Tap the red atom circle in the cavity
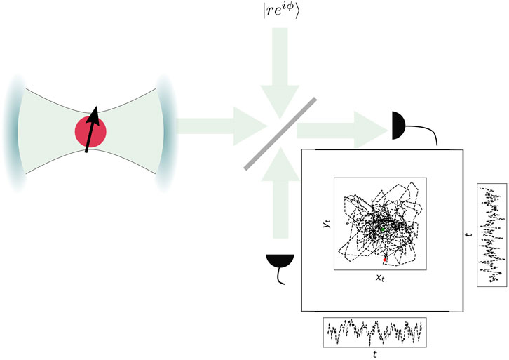(91, 132)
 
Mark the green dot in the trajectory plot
(382, 229)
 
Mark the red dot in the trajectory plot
(385, 260)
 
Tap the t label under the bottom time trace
(375, 354)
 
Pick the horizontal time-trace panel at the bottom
(375, 333)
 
